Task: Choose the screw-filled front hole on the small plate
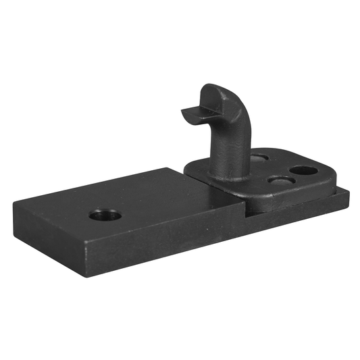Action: click(x=280, y=180)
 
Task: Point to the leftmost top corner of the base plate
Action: click(x=14, y=201)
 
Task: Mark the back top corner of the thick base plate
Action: click(x=184, y=169)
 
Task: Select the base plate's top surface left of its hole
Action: click(x=61, y=209)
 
